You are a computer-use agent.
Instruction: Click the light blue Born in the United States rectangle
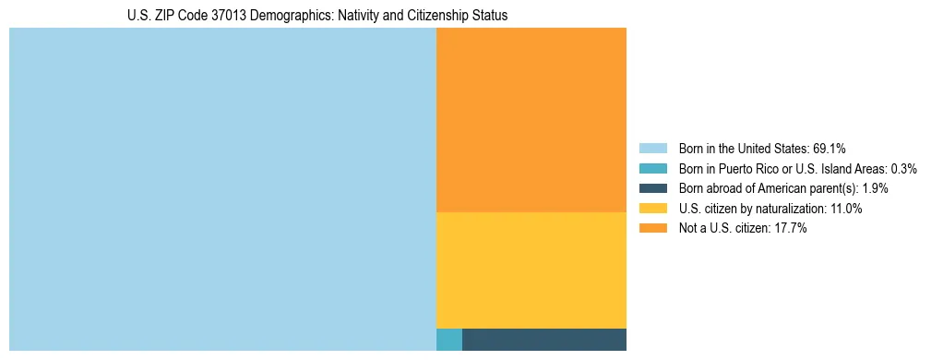click(221, 189)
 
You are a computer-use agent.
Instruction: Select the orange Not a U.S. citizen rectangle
click(531, 120)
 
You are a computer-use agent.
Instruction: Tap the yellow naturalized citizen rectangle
click(531, 270)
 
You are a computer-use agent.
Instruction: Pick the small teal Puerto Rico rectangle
click(448, 340)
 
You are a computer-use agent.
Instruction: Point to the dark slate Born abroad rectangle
click(543, 340)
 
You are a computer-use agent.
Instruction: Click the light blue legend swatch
click(652, 149)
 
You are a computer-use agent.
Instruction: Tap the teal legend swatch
click(652, 169)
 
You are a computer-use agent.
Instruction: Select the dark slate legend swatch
click(652, 188)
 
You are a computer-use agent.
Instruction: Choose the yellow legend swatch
click(652, 209)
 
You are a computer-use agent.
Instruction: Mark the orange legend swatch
click(652, 229)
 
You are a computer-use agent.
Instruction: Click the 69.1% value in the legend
click(830, 149)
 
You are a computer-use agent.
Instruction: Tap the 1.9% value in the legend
click(876, 188)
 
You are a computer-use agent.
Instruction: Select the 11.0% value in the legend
click(845, 209)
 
